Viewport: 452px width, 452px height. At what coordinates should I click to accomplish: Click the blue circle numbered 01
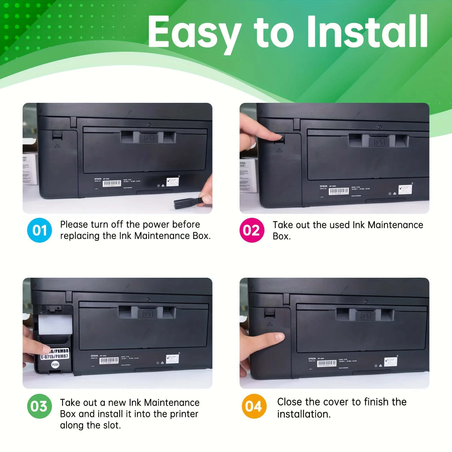tap(40, 230)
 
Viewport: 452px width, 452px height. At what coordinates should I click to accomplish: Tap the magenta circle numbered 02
tap(252, 230)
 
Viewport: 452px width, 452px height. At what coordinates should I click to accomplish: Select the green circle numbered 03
tap(40, 406)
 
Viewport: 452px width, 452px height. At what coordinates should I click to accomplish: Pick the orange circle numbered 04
tap(254, 406)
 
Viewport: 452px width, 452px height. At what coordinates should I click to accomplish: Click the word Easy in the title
tap(194, 32)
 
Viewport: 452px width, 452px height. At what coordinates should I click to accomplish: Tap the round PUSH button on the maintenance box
tap(55, 364)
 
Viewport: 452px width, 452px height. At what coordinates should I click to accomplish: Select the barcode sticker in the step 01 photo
tap(112, 183)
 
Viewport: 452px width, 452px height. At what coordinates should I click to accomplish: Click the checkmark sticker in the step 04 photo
tap(391, 361)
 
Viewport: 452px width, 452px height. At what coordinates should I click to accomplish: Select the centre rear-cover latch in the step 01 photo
tap(149, 138)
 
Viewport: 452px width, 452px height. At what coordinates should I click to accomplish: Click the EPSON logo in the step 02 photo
tap(323, 186)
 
